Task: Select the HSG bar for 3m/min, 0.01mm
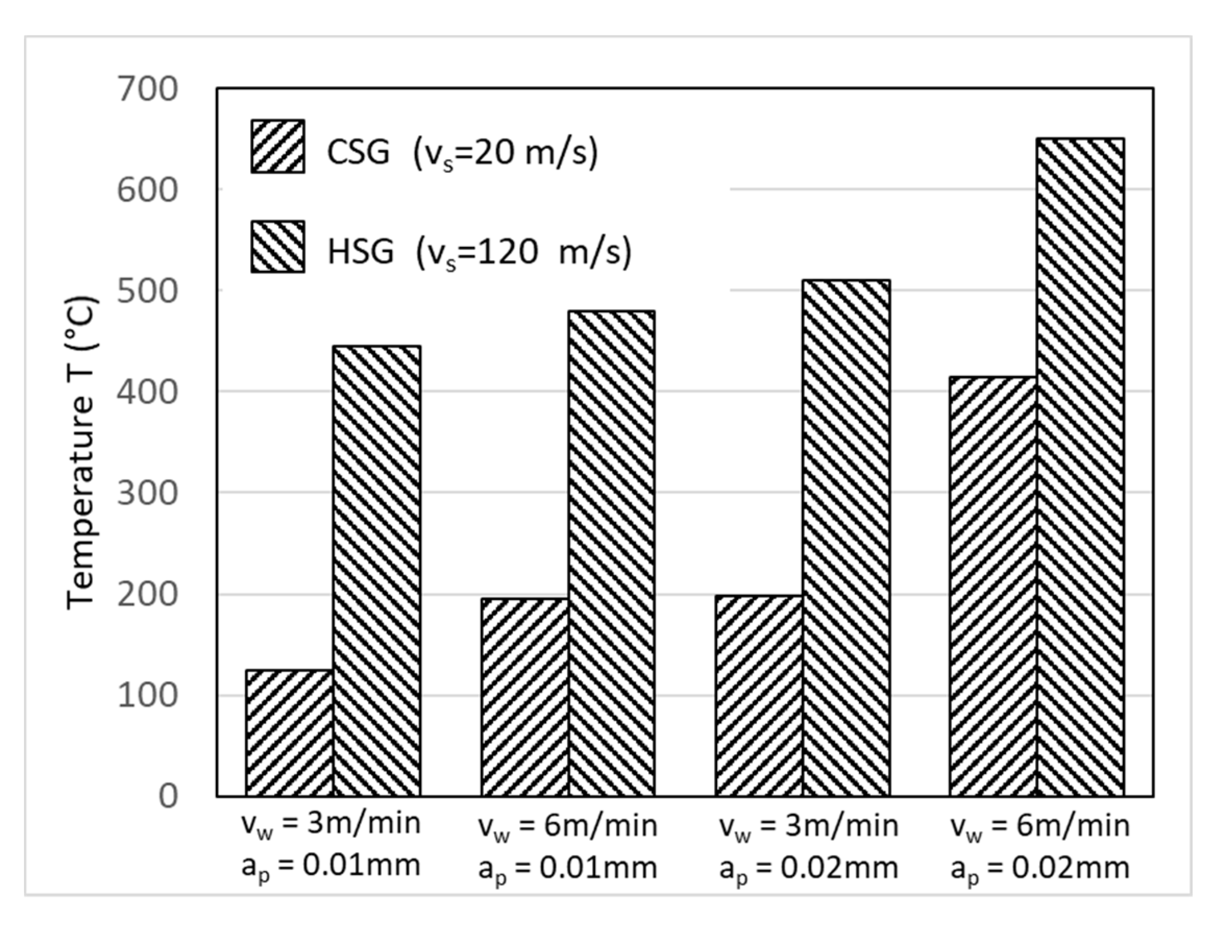(377, 571)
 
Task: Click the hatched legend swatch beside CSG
(278, 146)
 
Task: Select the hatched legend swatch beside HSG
(278, 246)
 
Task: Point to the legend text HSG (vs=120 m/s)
(479, 252)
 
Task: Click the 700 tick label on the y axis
(148, 89)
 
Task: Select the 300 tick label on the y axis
(148, 493)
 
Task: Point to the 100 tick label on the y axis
(148, 696)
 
